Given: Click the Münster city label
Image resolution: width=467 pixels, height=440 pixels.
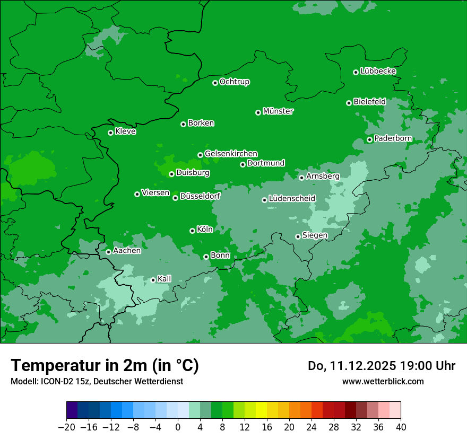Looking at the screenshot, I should point(278,111).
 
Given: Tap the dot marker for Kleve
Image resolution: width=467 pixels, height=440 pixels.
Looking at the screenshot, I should point(110,133).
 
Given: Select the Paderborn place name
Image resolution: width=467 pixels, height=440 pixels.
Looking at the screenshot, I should point(393,138).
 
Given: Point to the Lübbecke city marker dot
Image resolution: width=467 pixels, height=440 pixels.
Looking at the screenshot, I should point(356,72).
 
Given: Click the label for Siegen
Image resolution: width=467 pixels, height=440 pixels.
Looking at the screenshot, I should point(315,235).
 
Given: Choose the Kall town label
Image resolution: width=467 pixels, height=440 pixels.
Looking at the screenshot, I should point(165,279).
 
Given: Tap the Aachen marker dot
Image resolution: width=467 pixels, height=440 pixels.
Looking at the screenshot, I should point(108,252).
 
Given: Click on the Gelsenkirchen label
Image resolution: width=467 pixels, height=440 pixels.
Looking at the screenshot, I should point(231,154).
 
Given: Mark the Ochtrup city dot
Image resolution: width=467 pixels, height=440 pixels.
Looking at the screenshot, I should point(215,83).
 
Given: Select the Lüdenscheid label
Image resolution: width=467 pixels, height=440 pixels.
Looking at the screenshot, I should point(292,199).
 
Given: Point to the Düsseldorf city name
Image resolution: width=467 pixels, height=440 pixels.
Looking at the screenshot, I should point(200,196).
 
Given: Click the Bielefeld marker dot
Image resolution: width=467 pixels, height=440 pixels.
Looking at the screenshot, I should point(349,103).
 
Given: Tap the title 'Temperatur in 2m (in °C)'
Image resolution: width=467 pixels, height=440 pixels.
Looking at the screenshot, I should point(105,366).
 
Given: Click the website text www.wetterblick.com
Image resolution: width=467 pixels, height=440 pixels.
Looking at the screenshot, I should point(383,381).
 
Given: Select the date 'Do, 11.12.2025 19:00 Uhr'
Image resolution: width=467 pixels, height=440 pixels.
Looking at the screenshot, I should point(381,366).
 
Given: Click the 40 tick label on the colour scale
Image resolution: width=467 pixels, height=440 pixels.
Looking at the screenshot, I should point(401,427).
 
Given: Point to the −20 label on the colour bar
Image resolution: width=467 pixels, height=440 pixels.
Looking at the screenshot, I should point(66,427).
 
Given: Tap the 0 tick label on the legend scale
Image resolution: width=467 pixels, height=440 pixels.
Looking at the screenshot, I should point(178,427).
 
